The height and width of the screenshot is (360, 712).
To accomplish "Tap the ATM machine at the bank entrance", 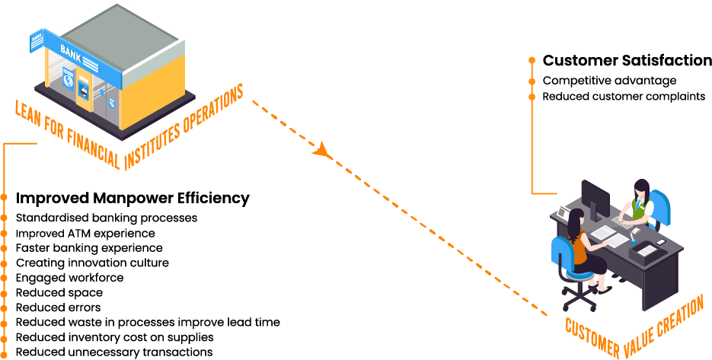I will pos(83,90).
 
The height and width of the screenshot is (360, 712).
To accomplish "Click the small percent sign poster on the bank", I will pos(112,102).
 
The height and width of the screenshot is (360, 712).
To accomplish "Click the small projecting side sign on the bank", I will pos(36,43).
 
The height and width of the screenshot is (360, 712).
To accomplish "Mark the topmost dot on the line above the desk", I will pos(532,59).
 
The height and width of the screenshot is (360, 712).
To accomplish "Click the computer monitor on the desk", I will pos(594,196).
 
